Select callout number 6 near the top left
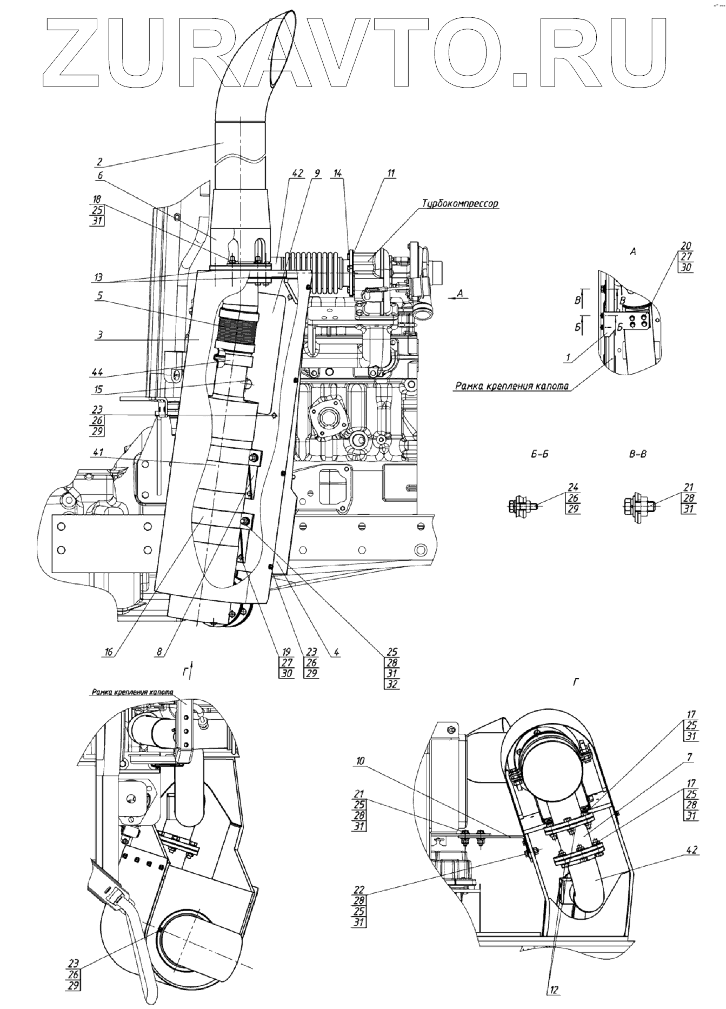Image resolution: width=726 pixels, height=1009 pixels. pyautogui.click(x=100, y=175)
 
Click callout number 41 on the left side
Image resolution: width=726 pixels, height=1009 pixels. pyautogui.click(x=98, y=452)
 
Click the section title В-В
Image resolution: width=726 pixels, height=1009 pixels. pyautogui.click(x=638, y=455)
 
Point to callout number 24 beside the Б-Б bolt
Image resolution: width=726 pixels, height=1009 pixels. pyautogui.click(x=572, y=487)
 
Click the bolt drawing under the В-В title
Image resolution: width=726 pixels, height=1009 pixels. pyautogui.click(x=638, y=505)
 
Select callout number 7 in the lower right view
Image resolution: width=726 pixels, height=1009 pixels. pyautogui.click(x=690, y=759)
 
